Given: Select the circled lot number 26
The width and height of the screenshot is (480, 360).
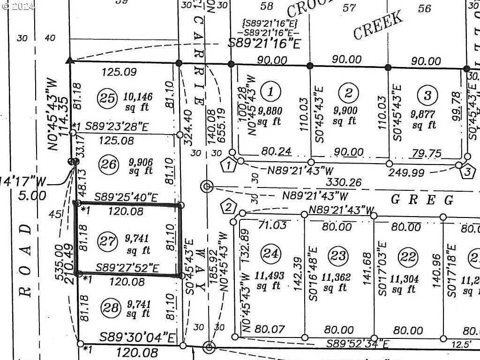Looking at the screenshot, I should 107,164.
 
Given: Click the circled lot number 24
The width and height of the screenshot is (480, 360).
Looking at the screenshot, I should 270,254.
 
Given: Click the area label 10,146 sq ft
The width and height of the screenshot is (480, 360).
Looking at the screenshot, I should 138,102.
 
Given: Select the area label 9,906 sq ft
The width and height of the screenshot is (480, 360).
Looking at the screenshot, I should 141,166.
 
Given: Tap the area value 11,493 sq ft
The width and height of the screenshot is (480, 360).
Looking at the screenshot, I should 270,281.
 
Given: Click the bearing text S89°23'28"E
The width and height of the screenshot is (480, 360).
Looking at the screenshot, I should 125,127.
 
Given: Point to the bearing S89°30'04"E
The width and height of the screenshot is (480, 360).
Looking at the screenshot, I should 138,337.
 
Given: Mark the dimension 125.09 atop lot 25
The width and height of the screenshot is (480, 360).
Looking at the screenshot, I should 120,72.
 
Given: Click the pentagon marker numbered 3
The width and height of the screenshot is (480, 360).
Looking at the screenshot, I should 467,172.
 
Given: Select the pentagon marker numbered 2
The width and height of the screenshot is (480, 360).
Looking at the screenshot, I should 228,207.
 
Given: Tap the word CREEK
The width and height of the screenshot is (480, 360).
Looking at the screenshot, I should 377,25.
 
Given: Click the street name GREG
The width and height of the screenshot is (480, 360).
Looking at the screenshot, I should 422,200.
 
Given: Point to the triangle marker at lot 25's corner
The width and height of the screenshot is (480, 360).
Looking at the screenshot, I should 70,60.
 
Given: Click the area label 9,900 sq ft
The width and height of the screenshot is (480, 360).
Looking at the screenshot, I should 345,116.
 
